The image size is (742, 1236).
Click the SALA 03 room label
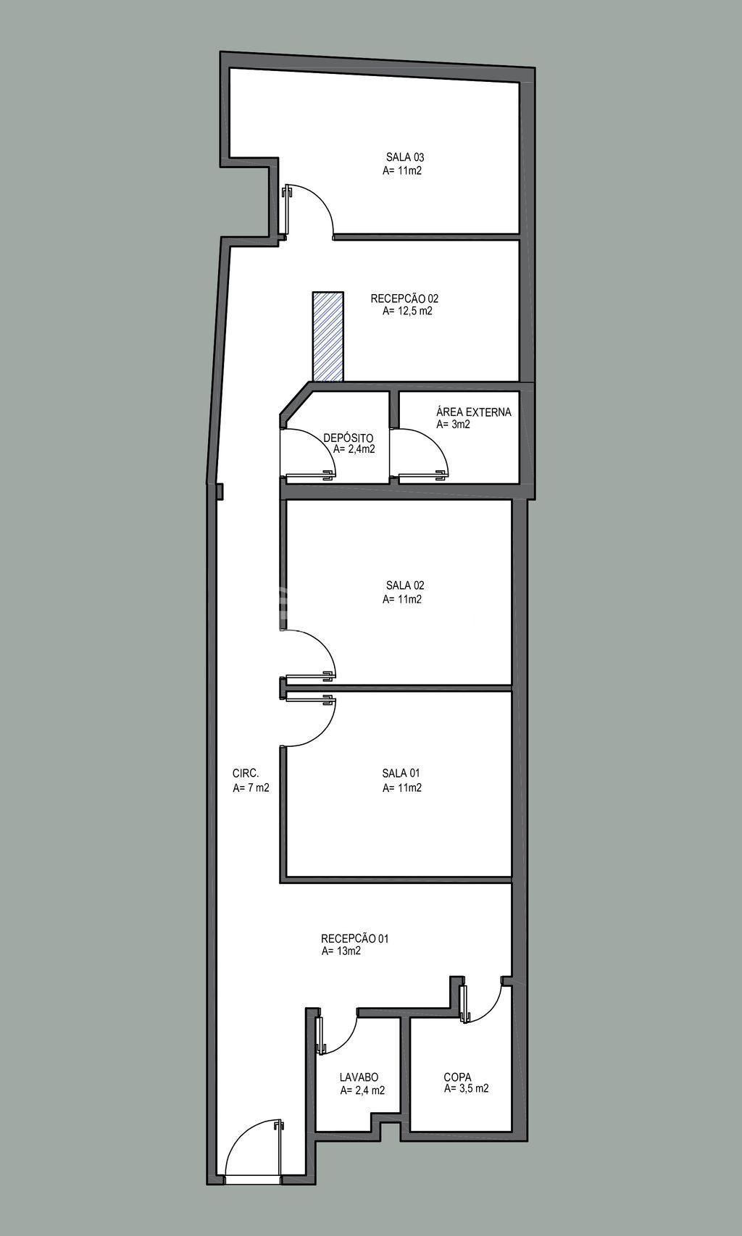[404, 158]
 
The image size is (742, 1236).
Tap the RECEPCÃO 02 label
[404, 298]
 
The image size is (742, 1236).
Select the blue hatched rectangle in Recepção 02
[328, 336]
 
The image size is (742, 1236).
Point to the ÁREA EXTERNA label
[474, 412]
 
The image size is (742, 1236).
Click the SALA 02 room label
[404, 585]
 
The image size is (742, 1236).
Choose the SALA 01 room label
[401, 773]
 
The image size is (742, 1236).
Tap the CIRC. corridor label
[246, 773]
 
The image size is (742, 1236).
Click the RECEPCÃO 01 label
[355, 938]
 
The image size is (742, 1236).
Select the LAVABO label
[359, 1077]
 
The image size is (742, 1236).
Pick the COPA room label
[457, 1077]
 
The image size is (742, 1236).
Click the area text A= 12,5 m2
[407, 312]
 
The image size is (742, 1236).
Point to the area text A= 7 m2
[251, 788]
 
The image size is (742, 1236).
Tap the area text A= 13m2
[341, 951]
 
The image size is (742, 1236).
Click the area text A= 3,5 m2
[466, 1089]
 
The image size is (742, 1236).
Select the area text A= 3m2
[453, 425]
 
